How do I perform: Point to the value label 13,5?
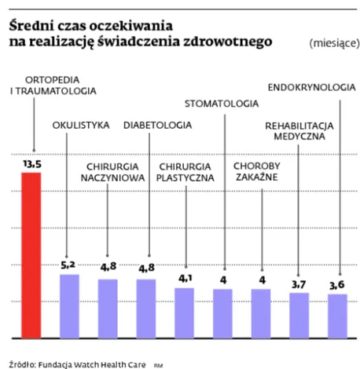coord(31,164)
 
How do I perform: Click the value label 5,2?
coord(69,265)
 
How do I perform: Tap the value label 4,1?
coord(184,279)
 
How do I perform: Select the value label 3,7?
coord(299,283)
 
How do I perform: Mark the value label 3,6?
coord(338,284)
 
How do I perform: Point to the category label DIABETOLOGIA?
coord(157,125)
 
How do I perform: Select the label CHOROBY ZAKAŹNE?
coord(260,172)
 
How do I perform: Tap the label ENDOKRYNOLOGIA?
coord(311,86)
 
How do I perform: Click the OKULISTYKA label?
coord(80,125)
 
